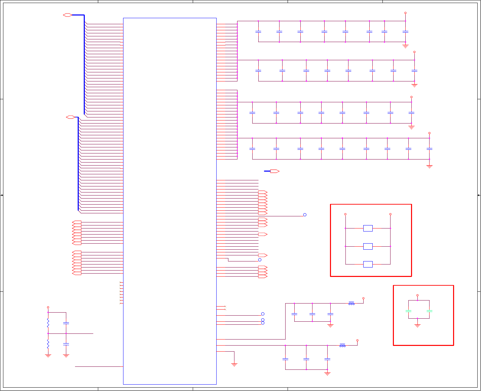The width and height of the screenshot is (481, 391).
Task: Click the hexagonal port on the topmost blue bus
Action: pos(67,15)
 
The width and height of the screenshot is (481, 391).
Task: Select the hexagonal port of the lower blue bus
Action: pos(70,117)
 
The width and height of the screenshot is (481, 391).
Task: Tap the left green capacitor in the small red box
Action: pos(408,311)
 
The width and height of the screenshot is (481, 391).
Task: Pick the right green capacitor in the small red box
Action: pos(429,311)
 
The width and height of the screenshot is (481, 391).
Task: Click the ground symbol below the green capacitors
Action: pos(417,325)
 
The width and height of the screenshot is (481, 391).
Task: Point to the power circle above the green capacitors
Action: pos(417,295)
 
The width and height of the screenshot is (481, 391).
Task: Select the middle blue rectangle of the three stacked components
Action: pos(368,246)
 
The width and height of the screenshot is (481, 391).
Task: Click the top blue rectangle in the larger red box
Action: pos(368,228)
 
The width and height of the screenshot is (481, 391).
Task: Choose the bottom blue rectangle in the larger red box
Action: pos(368,264)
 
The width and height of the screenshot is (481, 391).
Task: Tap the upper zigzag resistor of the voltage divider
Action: pos(48,323)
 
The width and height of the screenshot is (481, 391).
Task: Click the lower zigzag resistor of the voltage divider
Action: pos(48,344)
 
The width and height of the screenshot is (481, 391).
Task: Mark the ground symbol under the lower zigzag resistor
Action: pos(48,355)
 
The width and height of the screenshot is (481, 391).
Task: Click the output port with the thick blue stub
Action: pos(274,171)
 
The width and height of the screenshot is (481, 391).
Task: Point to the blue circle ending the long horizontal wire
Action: pos(305,215)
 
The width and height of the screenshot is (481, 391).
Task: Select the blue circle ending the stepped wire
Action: pos(260,260)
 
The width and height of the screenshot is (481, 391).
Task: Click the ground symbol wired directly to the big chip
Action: pos(234,364)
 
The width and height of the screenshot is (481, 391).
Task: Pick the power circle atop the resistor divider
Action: pos(48,307)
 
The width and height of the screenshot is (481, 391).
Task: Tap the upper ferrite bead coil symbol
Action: pos(351,303)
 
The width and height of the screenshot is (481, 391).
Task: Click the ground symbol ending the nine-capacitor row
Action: pos(429,166)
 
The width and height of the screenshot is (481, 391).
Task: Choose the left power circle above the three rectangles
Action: pos(345,214)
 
